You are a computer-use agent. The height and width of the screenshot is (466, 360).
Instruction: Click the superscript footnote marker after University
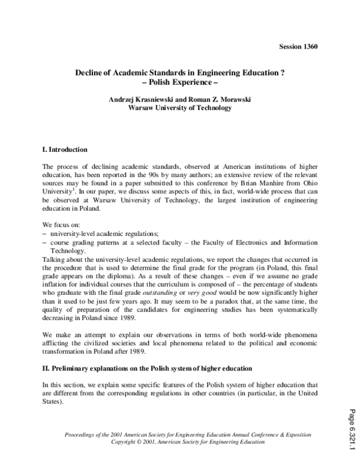click(74, 193)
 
